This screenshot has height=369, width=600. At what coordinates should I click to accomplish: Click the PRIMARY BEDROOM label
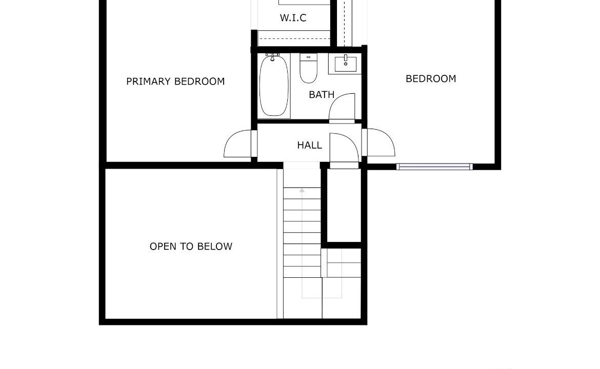tap(175, 81)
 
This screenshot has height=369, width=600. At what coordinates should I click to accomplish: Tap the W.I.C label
tap(293, 17)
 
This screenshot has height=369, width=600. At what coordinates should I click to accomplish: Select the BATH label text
tap(322, 94)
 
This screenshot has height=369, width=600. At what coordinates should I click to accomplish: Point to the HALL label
tap(309, 146)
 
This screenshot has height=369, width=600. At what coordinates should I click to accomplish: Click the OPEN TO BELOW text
tap(191, 246)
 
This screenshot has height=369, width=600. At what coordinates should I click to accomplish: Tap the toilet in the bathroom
tap(308, 69)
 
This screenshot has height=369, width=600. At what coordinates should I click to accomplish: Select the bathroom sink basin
tap(346, 64)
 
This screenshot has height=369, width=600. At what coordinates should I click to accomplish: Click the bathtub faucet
tap(272, 57)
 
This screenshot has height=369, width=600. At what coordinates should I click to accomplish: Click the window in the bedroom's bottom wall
tap(434, 167)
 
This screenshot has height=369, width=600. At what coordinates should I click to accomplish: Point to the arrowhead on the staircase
tap(302, 190)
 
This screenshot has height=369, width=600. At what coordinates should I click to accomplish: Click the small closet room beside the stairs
tap(344, 206)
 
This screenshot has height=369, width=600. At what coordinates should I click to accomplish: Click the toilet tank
tap(308, 57)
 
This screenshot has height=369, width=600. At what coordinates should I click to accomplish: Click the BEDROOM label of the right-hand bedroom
tap(431, 79)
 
